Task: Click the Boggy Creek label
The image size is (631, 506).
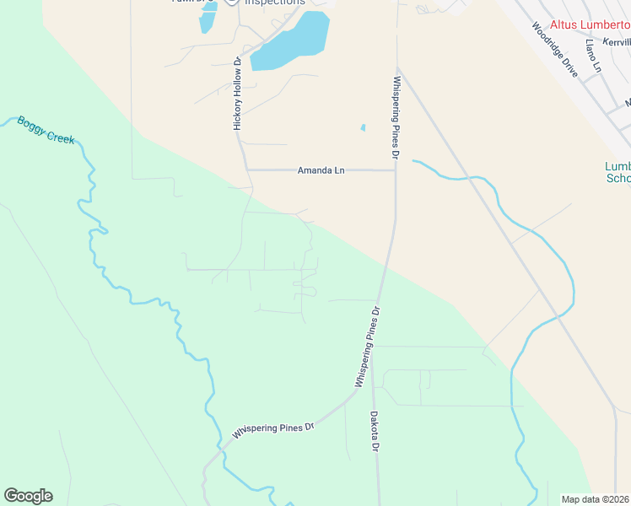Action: click(45, 130)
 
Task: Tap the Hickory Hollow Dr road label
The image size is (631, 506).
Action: click(238, 94)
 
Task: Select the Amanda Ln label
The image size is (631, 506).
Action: click(321, 170)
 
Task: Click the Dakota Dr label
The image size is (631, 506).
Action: click(375, 431)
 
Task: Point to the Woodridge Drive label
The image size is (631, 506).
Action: click(555, 50)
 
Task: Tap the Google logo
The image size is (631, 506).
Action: click(28, 496)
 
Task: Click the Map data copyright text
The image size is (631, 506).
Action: click(596, 499)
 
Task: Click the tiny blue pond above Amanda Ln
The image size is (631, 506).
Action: click(364, 128)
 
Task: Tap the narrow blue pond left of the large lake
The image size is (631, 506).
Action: click(208, 19)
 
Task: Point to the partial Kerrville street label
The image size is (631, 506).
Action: click(617, 41)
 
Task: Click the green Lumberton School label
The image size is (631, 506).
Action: click(618, 172)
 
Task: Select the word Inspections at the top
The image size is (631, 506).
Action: click(275, 3)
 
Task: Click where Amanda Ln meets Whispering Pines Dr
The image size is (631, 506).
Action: click(396, 170)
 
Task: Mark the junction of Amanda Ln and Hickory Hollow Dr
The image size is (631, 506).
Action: click(246, 170)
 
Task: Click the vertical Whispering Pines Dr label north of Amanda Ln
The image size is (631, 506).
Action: click(395, 117)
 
